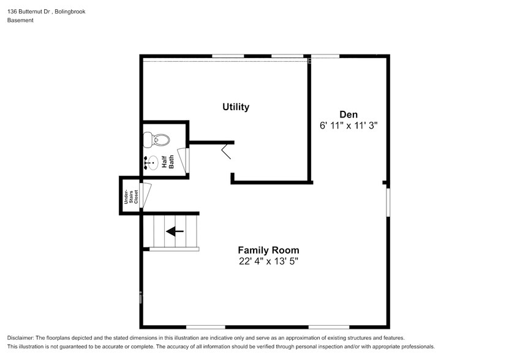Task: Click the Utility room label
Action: tap(235, 107)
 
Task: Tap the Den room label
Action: tap(348, 114)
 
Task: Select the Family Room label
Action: tap(268, 250)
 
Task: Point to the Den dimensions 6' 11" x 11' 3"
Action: tap(348, 126)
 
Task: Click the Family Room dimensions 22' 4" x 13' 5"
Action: tap(268, 261)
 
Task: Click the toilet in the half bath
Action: tap(154, 140)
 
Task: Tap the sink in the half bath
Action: tap(152, 163)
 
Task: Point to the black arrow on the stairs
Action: tap(175, 231)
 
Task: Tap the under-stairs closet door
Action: tap(146, 195)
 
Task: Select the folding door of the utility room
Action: tap(227, 150)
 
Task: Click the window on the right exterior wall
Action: tap(387, 201)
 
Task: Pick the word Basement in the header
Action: tap(20, 20)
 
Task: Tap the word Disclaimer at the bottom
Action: tap(23, 338)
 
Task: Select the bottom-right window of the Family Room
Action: tap(328, 326)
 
